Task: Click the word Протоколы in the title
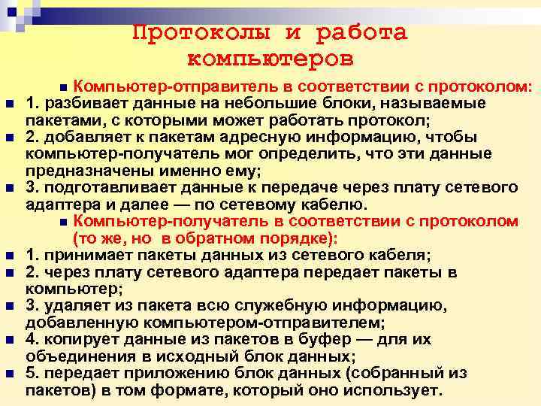199,33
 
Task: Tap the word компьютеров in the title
269,58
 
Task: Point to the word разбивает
79,102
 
